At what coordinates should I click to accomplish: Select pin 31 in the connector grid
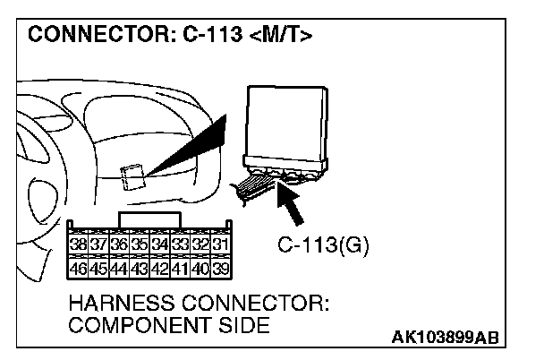pyautogui.click(x=222, y=242)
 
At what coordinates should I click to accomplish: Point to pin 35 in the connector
pyautogui.click(x=140, y=242)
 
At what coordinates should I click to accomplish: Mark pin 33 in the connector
pyautogui.click(x=182, y=242)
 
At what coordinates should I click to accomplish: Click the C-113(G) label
pyautogui.click(x=312, y=243)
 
